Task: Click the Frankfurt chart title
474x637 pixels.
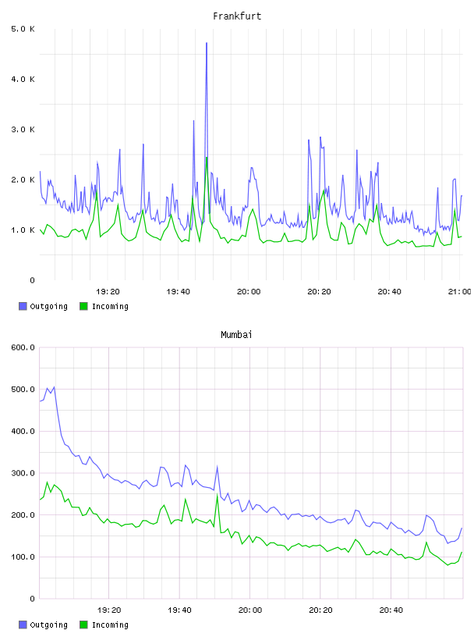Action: click(x=237, y=16)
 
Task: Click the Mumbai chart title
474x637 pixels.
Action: click(x=236, y=335)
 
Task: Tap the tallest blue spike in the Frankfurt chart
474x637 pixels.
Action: click(x=207, y=43)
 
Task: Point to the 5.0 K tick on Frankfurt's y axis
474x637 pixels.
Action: click(x=23, y=29)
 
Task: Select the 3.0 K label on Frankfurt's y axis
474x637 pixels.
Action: click(x=23, y=130)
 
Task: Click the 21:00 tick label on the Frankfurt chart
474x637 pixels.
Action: click(x=459, y=291)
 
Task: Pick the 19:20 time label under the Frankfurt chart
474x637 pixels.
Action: click(x=108, y=291)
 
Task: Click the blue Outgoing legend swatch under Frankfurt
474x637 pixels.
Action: click(x=23, y=306)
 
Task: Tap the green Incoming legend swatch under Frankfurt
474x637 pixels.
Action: click(x=83, y=306)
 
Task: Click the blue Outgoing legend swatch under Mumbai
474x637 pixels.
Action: click(x=23, y=625)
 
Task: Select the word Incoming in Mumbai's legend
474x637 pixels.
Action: click(x=110, y=625)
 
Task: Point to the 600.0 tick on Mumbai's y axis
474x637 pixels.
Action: click(x=23, y=347)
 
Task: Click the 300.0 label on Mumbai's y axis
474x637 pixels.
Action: click(x=23, y=473)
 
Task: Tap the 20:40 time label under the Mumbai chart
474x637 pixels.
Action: click(x=391, y=610)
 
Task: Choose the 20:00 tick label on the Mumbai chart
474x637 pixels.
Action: click(x=250, y=610)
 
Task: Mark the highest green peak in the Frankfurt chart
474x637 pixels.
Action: click(x=207, y=158)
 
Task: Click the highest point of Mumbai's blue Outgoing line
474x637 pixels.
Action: click(x=55, y=387)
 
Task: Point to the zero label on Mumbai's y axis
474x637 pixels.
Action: click(x=33, y=599)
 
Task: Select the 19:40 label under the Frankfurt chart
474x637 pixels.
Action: click(x=179, y=291)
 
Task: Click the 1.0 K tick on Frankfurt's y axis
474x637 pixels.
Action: click(x=23, y=230)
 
